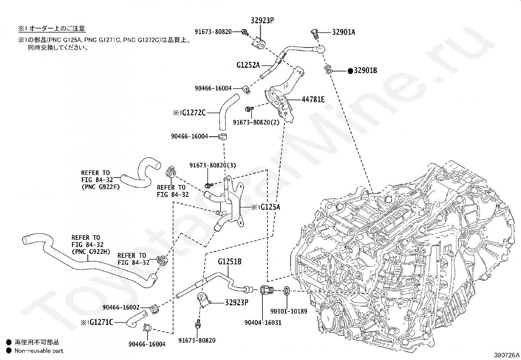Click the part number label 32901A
point(343,32)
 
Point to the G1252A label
point(248,65)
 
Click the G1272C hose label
point(194,113)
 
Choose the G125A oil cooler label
point(270,207)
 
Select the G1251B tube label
point(230,262)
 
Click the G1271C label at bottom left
point(101,322)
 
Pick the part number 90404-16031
point(263,323)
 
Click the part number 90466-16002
point(121,307)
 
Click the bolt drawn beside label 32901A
point(314,33)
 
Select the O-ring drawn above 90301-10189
point(286,290)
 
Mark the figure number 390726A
point(507,355)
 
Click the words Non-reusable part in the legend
point(39,351)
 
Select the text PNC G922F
point(100,187)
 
